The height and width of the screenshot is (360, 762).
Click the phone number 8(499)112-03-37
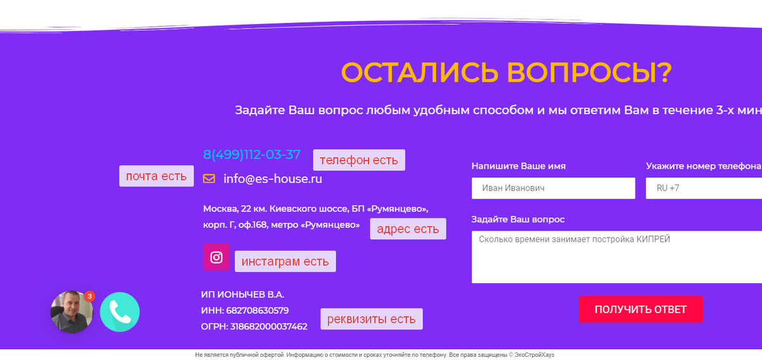pyautogui.click(x=251, y=154)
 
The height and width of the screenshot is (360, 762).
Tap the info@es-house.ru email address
pyautogui.click(x=272, y=179)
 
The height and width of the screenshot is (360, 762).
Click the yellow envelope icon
pyautogui.click(x=209, y=179)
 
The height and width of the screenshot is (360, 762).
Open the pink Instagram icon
pyautogui.click(x=217, y=257)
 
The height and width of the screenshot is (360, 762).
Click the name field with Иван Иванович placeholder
pyautogui.click(x=553, y=188)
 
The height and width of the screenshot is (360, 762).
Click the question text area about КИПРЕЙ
pyautogui.click(x=616, y=257)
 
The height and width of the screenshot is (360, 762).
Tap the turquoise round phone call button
pyautogui.click(x=119, y=312)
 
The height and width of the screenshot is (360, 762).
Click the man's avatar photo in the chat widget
pyautogui.click(x=70, y=312)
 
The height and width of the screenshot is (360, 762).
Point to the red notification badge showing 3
pyautogui.click(x=90, y=296)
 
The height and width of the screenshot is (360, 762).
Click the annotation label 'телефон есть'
pyautogui.click(x=359, y=160)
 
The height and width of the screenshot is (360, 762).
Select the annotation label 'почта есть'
pyautogui.click(x=156, y=176)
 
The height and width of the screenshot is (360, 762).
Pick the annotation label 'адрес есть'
pyautogui.click(x=408, y=229)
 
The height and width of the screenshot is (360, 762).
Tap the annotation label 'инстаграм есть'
pyautogui.click(x=285, y=261)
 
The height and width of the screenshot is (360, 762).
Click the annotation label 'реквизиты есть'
pyautogui.click(x=371, y=319)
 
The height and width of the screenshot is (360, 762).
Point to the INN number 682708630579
pyautogui.click(x=257, y=310)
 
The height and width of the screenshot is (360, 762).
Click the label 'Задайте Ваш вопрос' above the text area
pyautogui.click(x=518, y=220)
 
